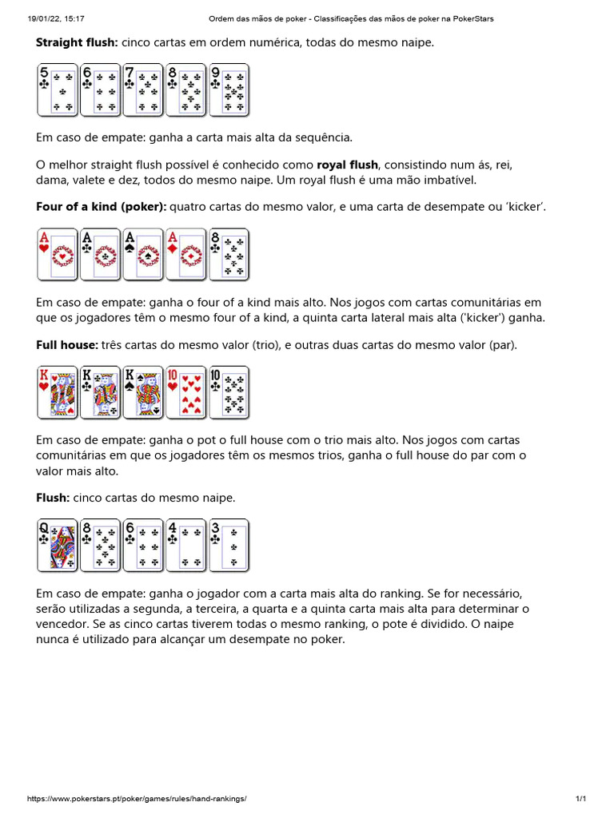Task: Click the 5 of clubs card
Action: click(x=57, y=89)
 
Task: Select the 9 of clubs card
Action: click(x=229, y=89)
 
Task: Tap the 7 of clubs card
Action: click(x=143, y=89)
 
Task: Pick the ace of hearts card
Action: click(x=57, y=255)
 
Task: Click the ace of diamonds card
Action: click(x=185, y=255)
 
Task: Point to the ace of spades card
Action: click(x=143, y=255)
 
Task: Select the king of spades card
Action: click(x=143, y=392)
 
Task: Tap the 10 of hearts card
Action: click(x=185, y=392)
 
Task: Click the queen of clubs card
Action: click(x=57, y=546)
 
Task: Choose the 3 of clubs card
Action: click(x=229, y=546)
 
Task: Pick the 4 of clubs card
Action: click(x=185, y=546)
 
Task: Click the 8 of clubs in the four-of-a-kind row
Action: click(x=229, y=255)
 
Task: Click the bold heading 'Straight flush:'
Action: click(x=77, y=42)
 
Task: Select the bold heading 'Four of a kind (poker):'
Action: click(x=101, y=207)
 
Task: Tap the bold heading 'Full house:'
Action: click(x=67, y=345)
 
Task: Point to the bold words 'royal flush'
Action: click(x=347, y=165)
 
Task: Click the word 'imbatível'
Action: click(x=449, y=181)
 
